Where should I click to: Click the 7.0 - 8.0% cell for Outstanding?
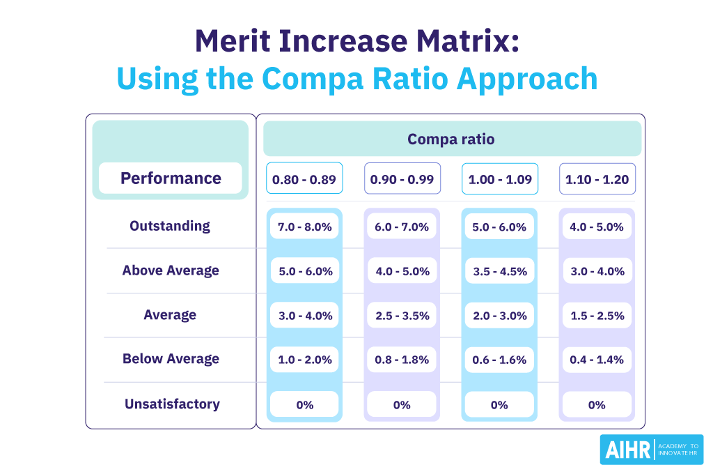pos(304,227)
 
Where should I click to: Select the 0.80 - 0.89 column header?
pos(304,180)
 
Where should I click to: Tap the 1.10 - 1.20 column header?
pos(597,180)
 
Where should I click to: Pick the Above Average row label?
pos(171,270)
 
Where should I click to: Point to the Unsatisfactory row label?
pos(172,404)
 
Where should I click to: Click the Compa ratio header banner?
pos(451,139)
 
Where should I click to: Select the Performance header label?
pos(171,178)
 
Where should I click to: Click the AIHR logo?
pos(651,450)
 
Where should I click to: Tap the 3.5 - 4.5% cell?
pos(499,271)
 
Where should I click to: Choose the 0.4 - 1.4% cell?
pos(597,360)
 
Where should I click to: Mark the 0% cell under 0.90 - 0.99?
pos(402,405)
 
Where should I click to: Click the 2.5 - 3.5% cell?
pos(402,316)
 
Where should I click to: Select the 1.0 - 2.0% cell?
pos(304,360)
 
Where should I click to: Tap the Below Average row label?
pos(171,359)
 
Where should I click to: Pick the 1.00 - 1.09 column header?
pos(499,180)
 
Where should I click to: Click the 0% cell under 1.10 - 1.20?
pos(597,405)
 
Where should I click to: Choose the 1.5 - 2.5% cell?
pos(597,316)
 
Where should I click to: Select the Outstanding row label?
pos(170,226)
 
